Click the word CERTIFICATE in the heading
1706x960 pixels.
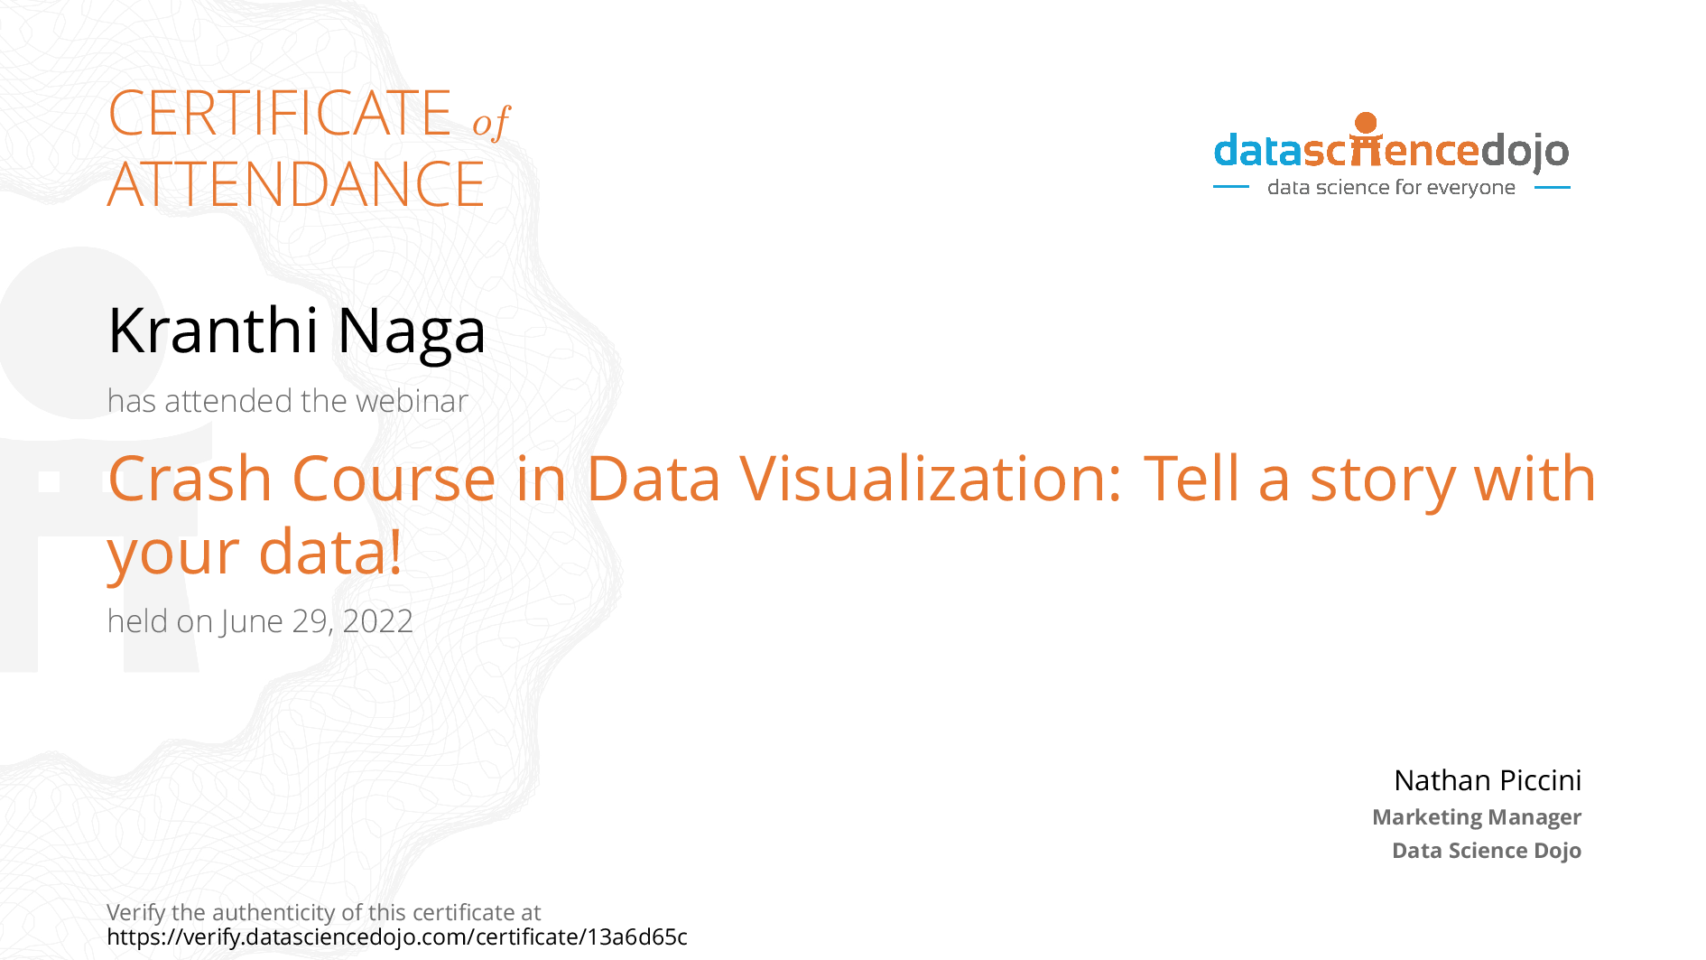tap(280, 113)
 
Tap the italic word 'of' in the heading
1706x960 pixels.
tap(491, 122)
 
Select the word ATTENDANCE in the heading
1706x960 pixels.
tap(296, 184)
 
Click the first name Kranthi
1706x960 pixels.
tap(213, 330)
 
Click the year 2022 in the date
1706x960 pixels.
tap(378, 621)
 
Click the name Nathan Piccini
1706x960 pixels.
tap(1488, 780)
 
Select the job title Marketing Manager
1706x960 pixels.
tap(1477, 817)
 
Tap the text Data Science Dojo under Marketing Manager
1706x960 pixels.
tap(1487, 851)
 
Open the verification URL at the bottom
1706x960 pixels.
tap(397, 937)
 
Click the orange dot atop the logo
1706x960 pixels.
tap(1367, 123)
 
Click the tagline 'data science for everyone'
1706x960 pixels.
tap(1391, 187)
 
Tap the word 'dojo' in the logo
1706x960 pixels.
tap(1525, 152)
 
